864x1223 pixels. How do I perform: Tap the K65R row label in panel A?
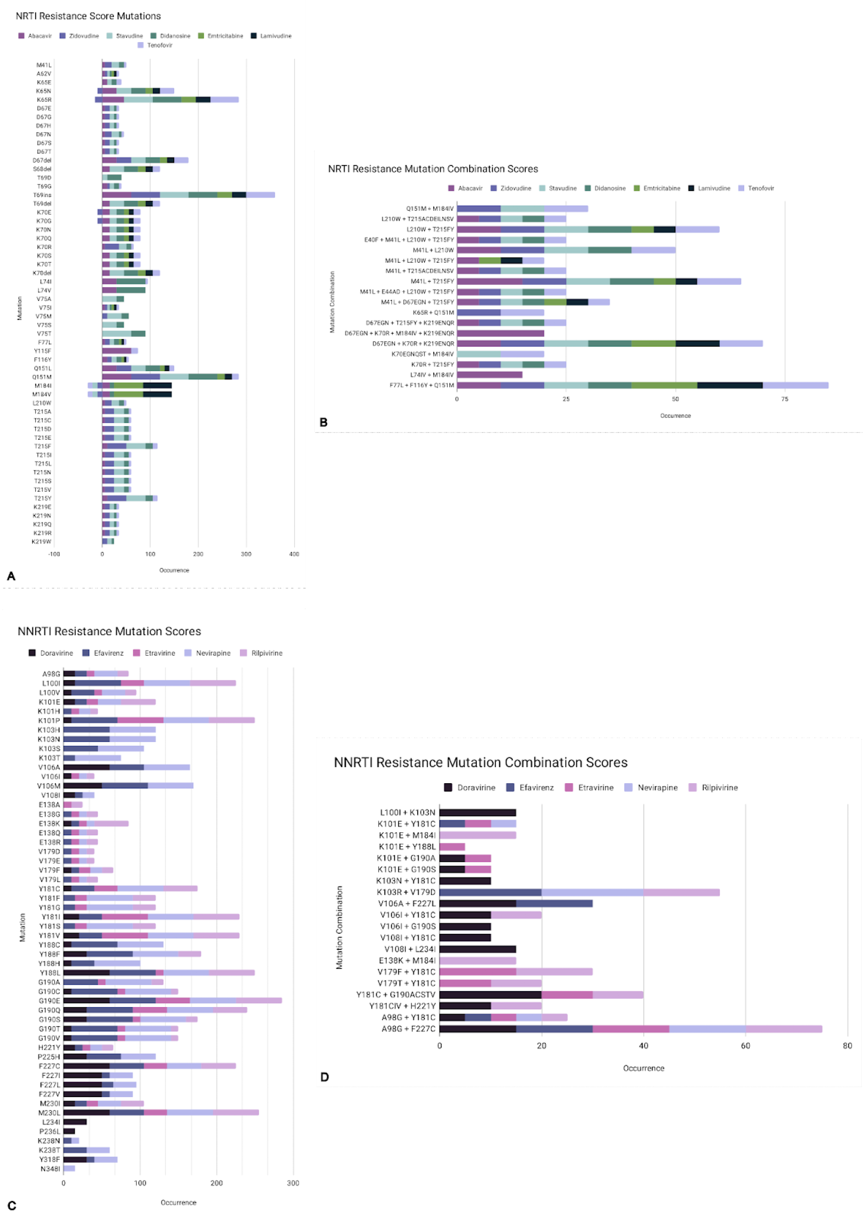(44, 100)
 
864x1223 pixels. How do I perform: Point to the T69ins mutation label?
(42, 195)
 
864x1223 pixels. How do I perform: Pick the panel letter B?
(323, 422)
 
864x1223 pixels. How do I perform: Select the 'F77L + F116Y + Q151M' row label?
(421, 385)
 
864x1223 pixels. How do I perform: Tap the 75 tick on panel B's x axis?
(785, 399)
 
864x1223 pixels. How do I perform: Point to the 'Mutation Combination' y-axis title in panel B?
(332, 302)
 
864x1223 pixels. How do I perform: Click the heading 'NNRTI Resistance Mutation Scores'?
(109, 631)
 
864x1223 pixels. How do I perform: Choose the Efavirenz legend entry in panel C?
(108, 653)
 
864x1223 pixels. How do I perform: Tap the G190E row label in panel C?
(49, 1001)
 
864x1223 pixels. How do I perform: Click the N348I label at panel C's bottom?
(50, 1169)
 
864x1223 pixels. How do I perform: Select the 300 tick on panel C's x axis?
(293, 1183)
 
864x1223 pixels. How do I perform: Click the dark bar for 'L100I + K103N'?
(478, 812)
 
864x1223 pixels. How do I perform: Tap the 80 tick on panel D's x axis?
(847, 1046)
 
